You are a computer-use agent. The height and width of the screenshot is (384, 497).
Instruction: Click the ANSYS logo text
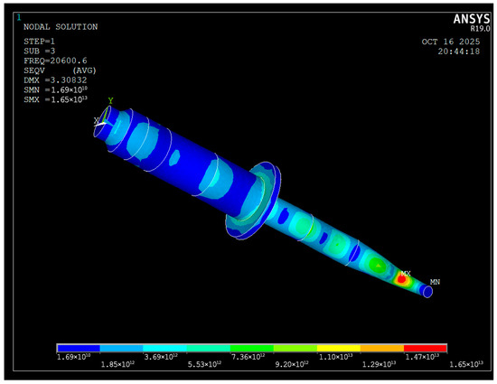point(472,19)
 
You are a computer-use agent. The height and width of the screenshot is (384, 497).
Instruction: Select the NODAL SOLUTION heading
point(61,27)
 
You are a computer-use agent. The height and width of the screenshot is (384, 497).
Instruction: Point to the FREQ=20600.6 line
point(55,61)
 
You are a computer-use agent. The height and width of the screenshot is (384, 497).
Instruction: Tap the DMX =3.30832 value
point(55,80)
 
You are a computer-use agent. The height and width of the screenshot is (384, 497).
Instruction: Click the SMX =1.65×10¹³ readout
point(55,99)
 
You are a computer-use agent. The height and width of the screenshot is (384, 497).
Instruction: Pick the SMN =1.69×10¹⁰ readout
point(55,89)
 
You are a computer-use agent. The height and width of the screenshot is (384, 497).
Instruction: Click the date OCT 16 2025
point(451,42)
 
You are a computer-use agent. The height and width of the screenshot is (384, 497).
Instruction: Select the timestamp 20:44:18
point(459,52)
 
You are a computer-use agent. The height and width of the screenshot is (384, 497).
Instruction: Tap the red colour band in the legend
point(426,348)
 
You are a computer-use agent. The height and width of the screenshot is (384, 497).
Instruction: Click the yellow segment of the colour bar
point(339,348)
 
